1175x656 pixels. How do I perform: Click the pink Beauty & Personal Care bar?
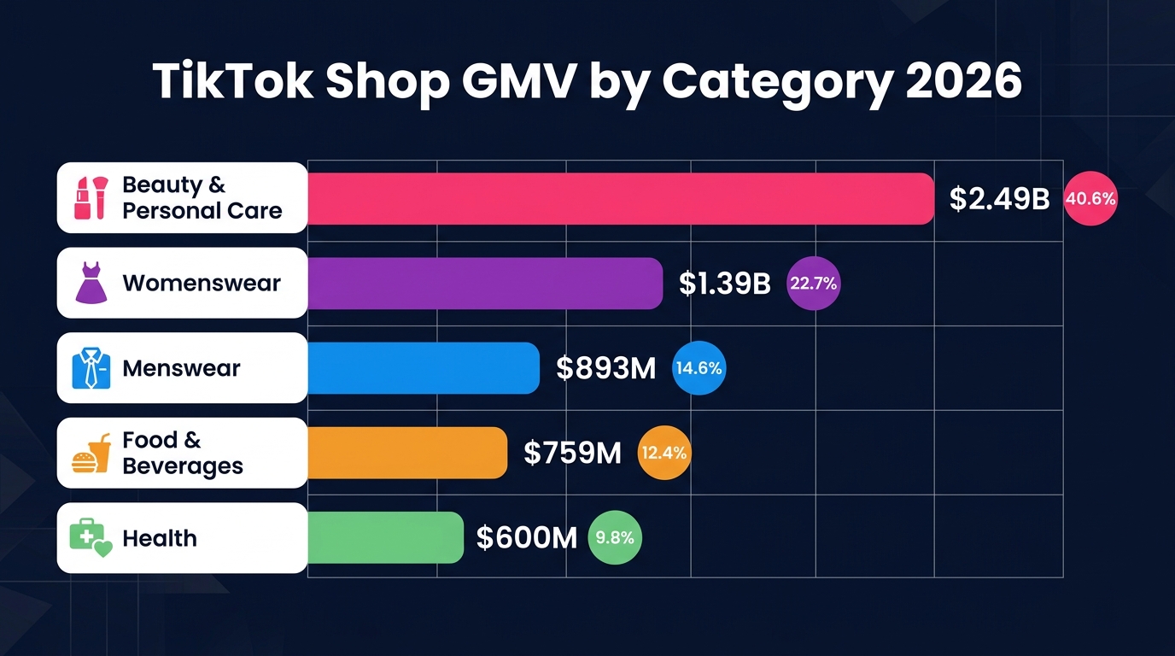pos(620,198)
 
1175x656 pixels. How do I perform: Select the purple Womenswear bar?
pos(484,283)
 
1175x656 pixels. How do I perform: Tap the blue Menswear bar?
pos(423,368)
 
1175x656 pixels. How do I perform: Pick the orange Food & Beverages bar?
pos(406,453)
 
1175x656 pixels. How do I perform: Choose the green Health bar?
pos(384,538)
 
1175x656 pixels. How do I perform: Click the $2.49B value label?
pos(999,199)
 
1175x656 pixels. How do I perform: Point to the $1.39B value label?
pos(724,284)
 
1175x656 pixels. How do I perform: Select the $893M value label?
pos(605,368)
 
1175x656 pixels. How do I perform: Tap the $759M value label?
pos(572,453)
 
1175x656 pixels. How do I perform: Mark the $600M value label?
pos(527,538)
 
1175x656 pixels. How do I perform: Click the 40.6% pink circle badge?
pos(1090,199)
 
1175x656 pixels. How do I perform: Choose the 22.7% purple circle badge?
pos(813,284)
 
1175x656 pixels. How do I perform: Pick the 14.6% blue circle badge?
pos(699,368)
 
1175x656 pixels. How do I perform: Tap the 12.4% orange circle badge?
pos(663,453)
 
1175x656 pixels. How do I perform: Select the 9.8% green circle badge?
pos(615,538)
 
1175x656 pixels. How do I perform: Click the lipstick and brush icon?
pos(90,198)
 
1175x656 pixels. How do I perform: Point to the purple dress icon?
pos(91,283)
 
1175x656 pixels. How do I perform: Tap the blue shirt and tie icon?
pos(91,368)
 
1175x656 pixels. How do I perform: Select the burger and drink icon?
pos(91,454)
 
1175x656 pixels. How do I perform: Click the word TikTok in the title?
pos(232,83)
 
